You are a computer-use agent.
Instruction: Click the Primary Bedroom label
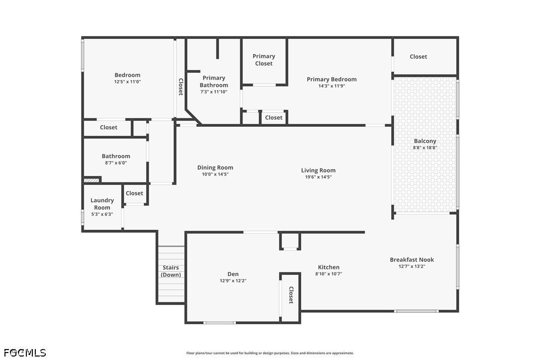tap(331, 79)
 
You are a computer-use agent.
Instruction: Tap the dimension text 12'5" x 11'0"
tap(127, 82)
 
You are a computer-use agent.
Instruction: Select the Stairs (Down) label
tap(171, 271)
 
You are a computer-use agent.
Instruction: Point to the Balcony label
tap(425, 141)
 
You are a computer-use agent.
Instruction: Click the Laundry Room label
tap(102, 203)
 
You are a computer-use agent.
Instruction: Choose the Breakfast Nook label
tap(411, 260)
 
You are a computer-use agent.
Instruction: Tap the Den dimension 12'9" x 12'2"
tap(233, 280)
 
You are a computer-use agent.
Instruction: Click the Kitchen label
tap(328, 267)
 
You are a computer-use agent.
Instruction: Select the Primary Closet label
tap(264, 60)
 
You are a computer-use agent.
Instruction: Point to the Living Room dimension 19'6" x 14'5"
tap(318, 177)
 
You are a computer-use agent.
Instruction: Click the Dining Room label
tap(215, 168)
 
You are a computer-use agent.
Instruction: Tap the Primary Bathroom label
tap(214, 81)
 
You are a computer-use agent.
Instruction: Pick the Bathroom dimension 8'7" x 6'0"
tap(116, 163)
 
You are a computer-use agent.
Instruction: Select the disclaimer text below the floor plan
tap(270, 353)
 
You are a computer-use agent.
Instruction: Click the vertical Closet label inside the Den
tap(291, 295)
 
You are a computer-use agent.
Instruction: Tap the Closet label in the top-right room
tap(418, 57)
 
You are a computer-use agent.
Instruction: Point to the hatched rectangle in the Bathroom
tap(92, 180)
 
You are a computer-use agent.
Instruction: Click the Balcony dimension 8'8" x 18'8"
tap(425, 148)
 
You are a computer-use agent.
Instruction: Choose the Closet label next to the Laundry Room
tap(134, 193)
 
